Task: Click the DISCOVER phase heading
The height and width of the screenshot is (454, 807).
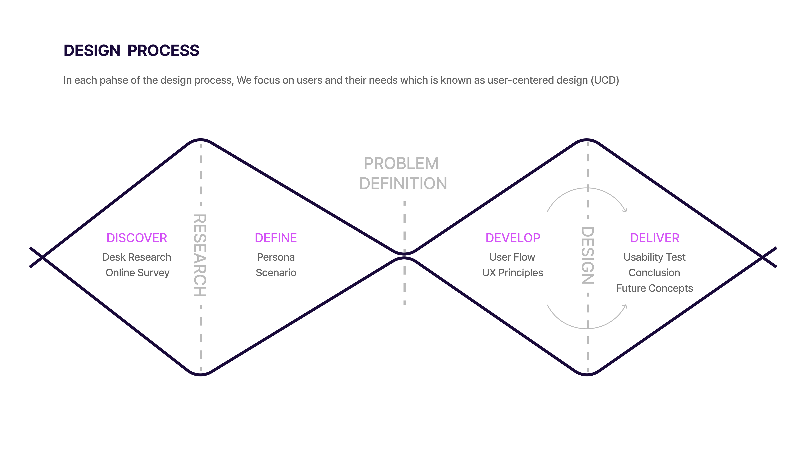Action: pos(137,238)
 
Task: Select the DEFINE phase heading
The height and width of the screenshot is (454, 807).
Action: pos(276,238)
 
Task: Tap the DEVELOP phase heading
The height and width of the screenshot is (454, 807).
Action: pos(513,238)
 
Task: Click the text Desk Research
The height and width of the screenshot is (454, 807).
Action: pos(137,257)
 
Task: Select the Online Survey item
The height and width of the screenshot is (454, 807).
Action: pos(137,273)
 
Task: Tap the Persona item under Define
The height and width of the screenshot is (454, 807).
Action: pos(276,257)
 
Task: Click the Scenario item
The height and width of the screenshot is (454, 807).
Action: pos(276,273)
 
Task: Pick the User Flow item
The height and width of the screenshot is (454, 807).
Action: pos(512,257)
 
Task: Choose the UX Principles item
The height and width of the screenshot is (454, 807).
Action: pos(513,273)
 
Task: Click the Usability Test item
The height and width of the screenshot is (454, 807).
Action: pos(654,257)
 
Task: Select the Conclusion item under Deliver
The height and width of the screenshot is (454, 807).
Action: pos(654,273)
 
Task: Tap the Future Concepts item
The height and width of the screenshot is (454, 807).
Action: pos(654,288)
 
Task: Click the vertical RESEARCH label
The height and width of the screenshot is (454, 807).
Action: pos(200,255)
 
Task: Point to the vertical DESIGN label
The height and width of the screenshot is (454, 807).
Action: pos(587,255)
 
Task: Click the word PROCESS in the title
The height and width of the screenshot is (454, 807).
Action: pos(163,51)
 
